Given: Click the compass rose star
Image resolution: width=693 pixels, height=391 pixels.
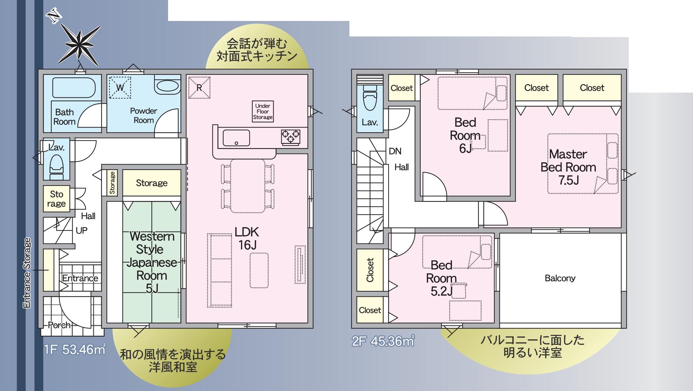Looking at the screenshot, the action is pos(79,45).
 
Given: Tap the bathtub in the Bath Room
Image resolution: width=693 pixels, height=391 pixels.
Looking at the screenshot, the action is pos(74,87).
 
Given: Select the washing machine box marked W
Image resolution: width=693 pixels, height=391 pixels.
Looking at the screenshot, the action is pos(120,87).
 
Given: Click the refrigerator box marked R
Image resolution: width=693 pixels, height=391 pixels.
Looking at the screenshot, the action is pos(199,87).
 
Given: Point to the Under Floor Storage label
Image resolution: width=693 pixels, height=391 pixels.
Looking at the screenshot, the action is pos(263,111).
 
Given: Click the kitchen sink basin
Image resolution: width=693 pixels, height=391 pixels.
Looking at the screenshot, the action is pos(236,138).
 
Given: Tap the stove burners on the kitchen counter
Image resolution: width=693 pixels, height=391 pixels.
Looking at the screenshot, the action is pos(290,136).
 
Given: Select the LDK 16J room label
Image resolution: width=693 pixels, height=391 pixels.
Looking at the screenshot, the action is pos(247,238).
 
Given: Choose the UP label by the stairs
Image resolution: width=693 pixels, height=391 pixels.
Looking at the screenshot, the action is pos(82,230).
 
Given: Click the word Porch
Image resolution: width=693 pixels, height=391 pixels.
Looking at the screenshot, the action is pos(59,325).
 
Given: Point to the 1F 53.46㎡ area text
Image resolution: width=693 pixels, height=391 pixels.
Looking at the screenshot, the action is pos(75,349).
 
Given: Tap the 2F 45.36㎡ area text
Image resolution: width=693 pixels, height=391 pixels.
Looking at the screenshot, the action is pos(383,341).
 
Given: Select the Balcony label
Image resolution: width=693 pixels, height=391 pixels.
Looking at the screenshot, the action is pos(560,278).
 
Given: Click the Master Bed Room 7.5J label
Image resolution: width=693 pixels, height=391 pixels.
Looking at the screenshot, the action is pos(568,167).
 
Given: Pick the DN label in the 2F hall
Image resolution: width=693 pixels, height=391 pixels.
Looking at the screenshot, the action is pos(395,151).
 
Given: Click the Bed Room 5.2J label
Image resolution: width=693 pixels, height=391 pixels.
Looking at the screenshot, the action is pos(441,278).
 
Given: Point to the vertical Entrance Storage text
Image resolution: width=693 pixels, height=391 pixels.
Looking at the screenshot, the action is pos(27,273).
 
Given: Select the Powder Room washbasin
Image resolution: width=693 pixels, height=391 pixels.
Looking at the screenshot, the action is pos(167,85).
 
